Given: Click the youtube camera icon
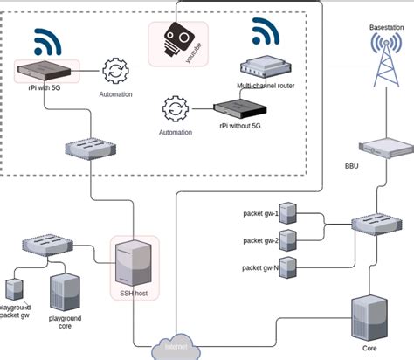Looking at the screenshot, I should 179,40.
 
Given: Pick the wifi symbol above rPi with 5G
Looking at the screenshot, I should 49,41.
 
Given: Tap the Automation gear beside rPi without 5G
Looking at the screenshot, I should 176,110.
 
